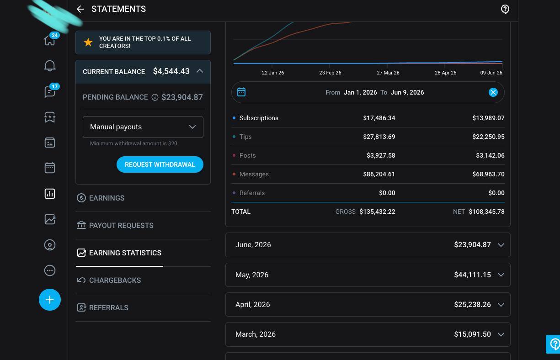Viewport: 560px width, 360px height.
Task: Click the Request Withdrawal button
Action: pos(160,164)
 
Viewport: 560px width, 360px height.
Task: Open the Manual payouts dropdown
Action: pos(143,127)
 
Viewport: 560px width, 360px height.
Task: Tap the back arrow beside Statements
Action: pos(80,9)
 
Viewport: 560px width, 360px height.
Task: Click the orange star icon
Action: pos(88,42)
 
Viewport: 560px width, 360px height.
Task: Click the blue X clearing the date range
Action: pos(493,92)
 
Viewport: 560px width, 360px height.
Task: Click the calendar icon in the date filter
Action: pos(241,92)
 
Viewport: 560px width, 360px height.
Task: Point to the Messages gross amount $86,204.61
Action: pos(379,174)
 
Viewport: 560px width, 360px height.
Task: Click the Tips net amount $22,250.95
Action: pos(488,137)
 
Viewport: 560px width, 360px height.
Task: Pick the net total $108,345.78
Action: pos(486,212)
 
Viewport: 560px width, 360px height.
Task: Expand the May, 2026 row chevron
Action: pos(501,275)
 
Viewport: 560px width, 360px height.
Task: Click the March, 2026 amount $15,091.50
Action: pos(472,334)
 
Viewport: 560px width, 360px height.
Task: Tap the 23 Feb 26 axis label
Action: pos(330,73)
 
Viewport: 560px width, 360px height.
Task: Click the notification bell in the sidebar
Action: pos(50,66)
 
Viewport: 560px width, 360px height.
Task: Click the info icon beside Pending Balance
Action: pos(155,97)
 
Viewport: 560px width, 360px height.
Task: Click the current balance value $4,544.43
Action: pos(171,71)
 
